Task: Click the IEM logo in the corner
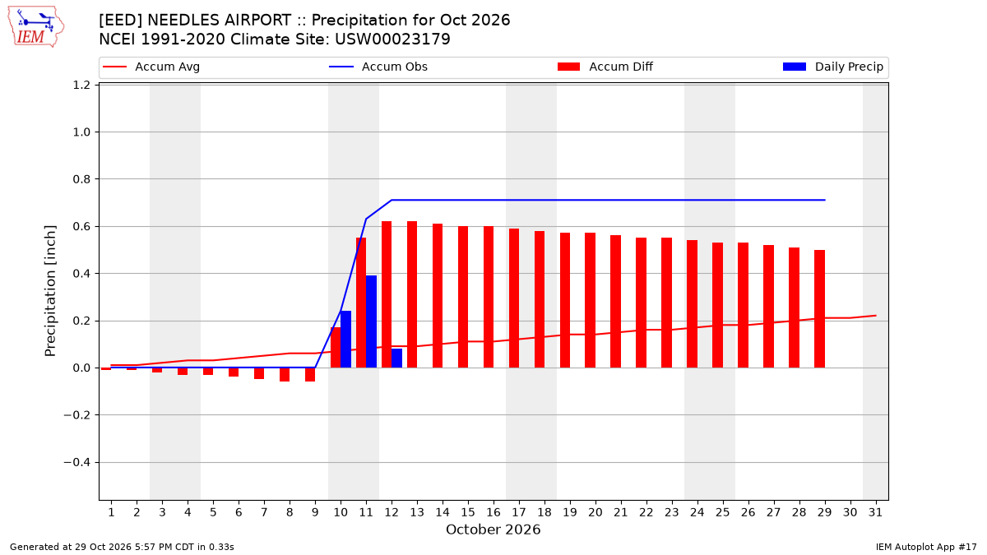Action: pos(36,26)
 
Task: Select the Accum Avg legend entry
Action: pos(151,67)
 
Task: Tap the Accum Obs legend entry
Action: pos(378,67)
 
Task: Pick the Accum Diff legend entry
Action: pos(605,67)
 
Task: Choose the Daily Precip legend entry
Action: pos(832,67)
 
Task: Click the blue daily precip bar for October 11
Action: pos(372,321)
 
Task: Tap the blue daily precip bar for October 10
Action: pos(346,339)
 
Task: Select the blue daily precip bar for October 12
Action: pos(397,358)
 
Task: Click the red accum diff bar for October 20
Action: pos(590,300)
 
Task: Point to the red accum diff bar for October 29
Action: pos(819,309)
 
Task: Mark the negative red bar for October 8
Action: pos(285,374)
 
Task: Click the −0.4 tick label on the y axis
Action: pos(77,462)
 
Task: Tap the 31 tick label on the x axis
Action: pos(875,512)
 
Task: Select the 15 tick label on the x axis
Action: pos(468,512)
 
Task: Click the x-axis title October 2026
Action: pos(493,530)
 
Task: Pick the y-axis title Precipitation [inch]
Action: pos(50,291)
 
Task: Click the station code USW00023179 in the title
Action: pos(392,39)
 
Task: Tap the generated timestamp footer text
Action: pos(122,547)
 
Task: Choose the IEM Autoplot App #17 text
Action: pos(926,547)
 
